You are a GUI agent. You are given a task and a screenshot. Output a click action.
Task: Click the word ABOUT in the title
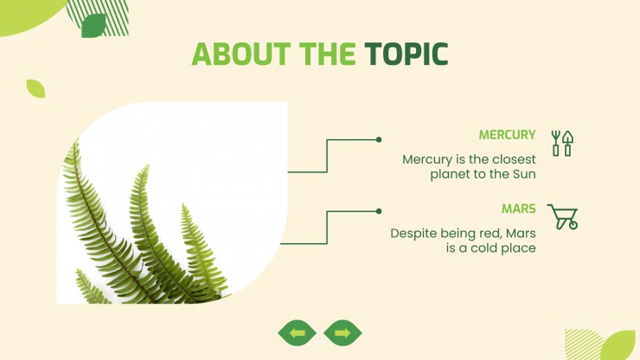coord(240,54)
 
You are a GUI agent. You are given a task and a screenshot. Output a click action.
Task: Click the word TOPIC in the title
coord(406,54)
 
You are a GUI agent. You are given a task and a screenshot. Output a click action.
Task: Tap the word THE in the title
coord(327,54)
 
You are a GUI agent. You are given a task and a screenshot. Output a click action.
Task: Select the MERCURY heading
coord(507,135)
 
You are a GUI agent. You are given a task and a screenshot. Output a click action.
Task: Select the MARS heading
coord(518,209)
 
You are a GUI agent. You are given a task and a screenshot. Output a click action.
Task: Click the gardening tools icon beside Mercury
coord(562,144)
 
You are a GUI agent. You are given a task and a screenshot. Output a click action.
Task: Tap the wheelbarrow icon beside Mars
coord(562,216)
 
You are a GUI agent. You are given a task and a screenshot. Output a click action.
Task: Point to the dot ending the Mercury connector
coord(379,139)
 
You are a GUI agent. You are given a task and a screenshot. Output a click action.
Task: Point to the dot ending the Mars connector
coord(379,211)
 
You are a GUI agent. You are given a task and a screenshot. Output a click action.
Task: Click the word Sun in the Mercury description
coord(524,174)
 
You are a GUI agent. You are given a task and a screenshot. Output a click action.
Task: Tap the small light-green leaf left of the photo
coord(35,88)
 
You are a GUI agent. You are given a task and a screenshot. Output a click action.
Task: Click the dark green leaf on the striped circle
coord(94,26)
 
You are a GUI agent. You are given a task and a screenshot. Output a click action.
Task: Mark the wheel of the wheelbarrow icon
coord(573,225)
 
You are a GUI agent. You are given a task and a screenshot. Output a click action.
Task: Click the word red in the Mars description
coord(491,234)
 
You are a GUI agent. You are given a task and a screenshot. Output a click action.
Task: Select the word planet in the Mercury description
coord(450,175)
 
